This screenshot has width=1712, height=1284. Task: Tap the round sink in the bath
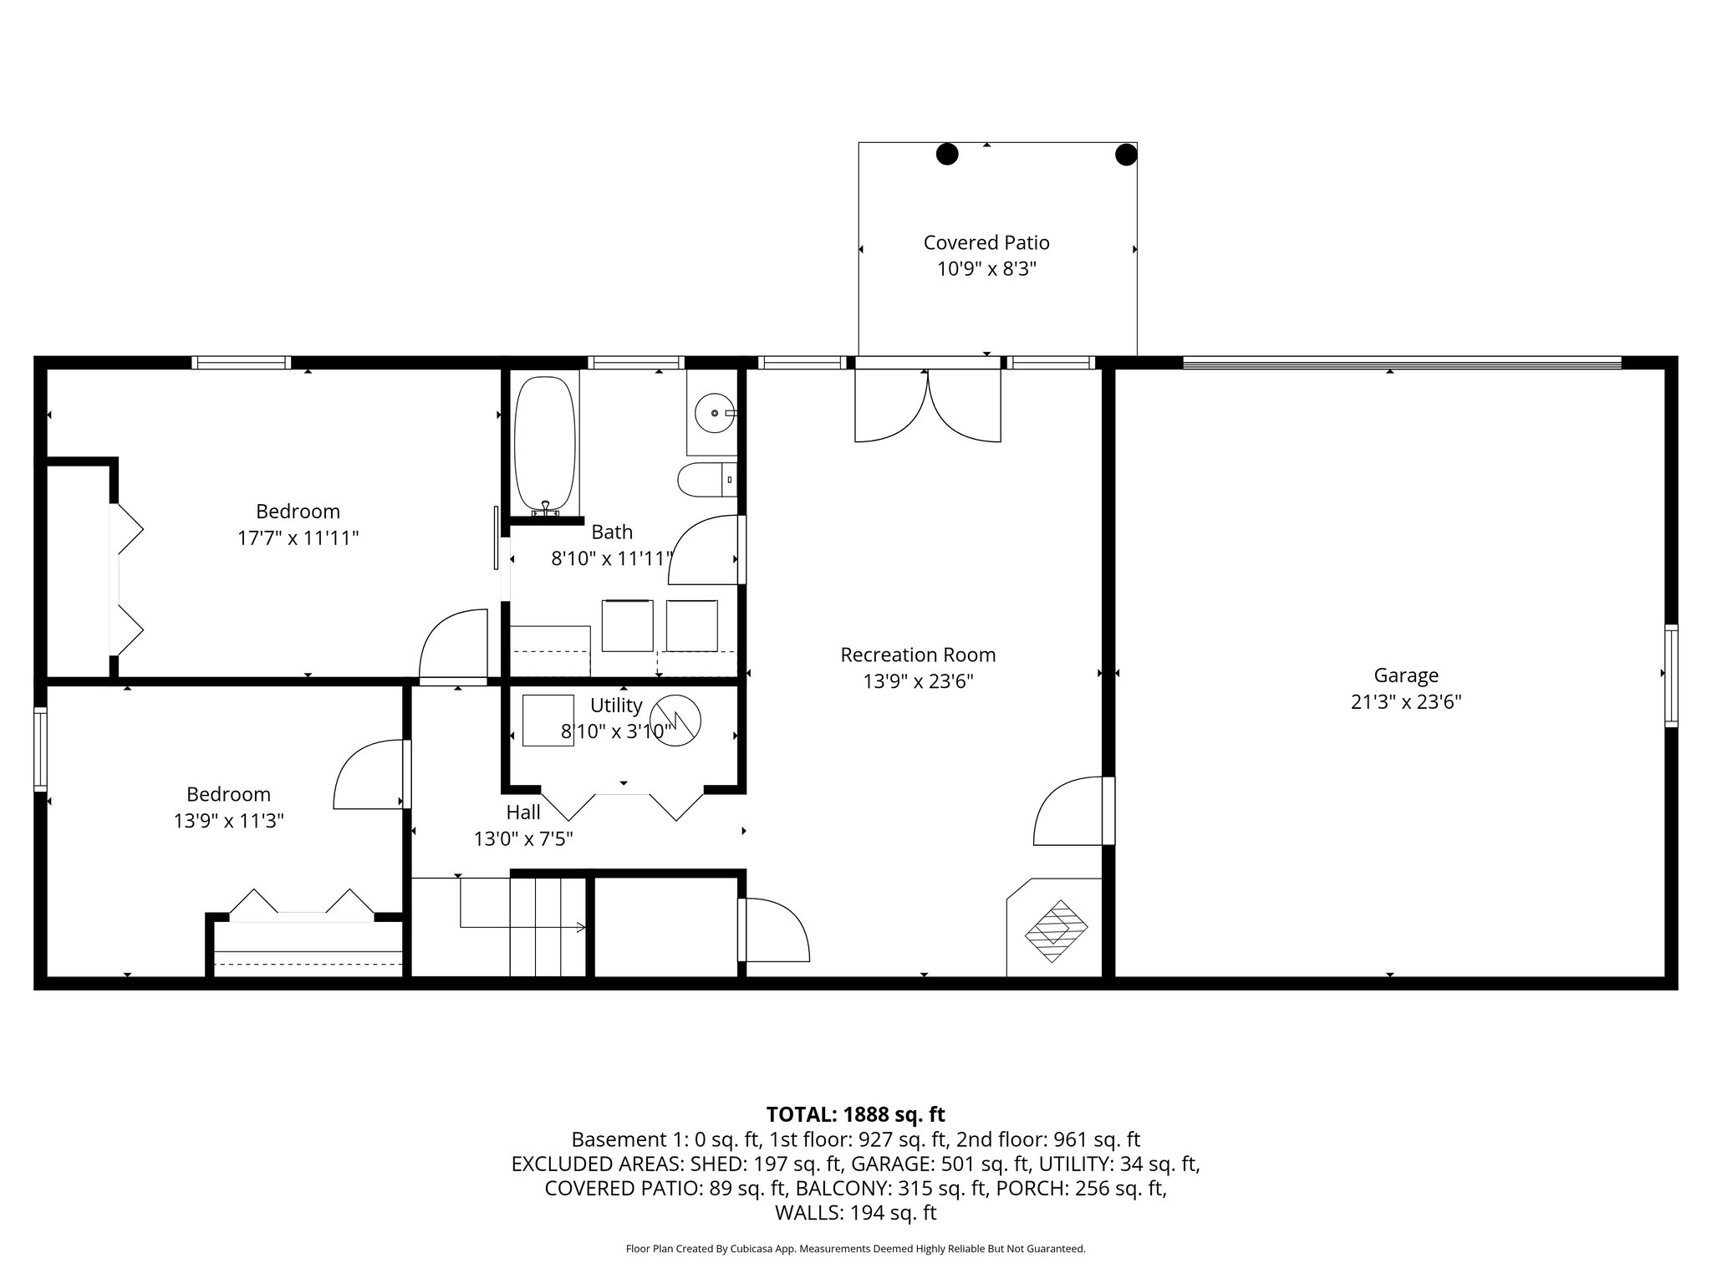pos(713,413)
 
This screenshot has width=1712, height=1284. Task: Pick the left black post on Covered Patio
pos(946,154)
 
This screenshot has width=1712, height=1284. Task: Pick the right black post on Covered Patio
pos(1126,155)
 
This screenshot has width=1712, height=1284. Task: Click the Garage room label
pos(1406,675)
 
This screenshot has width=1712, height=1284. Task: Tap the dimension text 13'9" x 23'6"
pos(918,681)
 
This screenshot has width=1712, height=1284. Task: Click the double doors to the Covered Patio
pos(928,405)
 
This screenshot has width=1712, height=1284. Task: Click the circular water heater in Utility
pos(675,720)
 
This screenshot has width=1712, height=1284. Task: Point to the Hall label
pos(523,812)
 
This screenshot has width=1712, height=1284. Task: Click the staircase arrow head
pos(581,927)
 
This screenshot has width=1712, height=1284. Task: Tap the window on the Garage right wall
pos(1670,675)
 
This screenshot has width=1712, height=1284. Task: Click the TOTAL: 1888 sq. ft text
pos(855,1114)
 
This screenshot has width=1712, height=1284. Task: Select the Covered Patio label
pos(986,242)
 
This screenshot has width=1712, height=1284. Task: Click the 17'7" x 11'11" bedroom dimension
pos(298,538)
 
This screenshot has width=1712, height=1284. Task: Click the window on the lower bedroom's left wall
pos(40,749)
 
